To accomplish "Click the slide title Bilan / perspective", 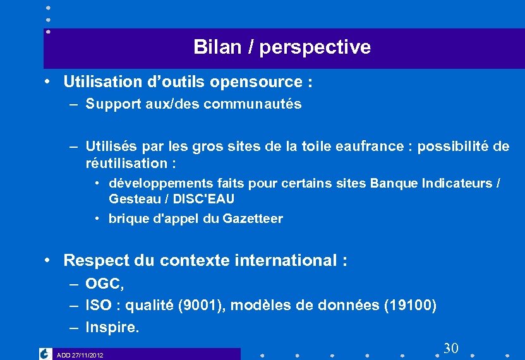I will coord(282,47).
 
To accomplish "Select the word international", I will coord(284,260).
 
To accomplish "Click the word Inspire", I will coord(112,327).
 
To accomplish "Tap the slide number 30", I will coord(450,348).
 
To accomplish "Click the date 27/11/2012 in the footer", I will coord(88,356).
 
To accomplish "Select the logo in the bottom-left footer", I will coord(45,354).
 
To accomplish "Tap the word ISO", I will coord(98,306).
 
